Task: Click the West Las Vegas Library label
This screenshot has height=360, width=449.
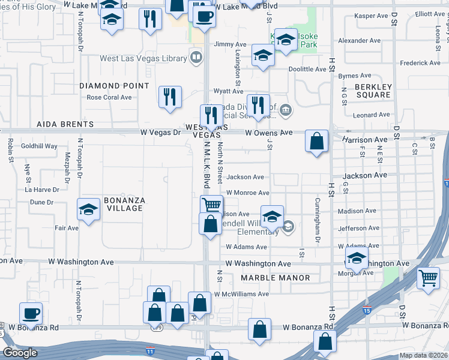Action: (143, 58)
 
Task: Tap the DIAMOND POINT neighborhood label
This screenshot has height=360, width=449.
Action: (114, 86)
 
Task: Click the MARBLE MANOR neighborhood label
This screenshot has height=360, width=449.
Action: (276, 278)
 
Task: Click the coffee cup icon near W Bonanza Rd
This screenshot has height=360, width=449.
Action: (31, 313)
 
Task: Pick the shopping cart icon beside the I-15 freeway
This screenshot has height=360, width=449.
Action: (428, 278)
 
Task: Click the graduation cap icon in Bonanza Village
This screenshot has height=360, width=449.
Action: (88, 210)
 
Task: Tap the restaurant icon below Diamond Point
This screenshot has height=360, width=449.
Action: (170, 96)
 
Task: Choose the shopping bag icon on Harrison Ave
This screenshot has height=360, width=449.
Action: (316, 142)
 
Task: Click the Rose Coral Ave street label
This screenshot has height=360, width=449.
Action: (109, 97)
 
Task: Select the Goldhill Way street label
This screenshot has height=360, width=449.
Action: (39, 146)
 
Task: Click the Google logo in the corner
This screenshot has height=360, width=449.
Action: (20, 353)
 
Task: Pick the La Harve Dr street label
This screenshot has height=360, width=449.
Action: (42, 190)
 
